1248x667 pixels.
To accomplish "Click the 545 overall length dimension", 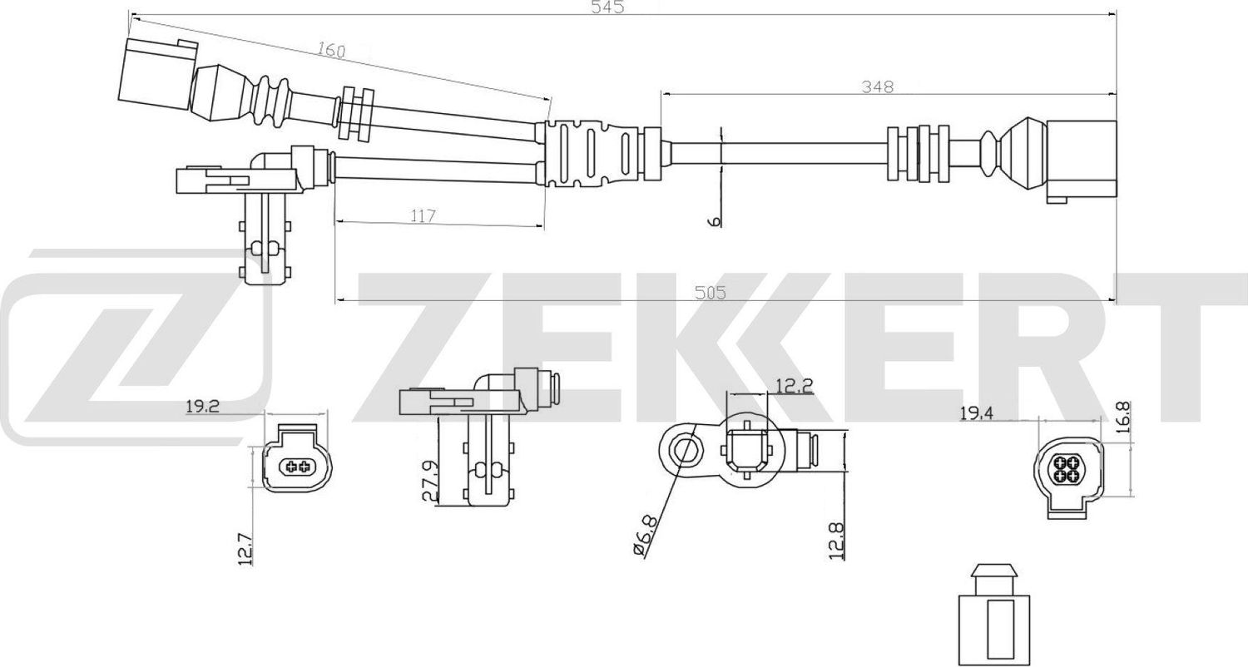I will [607, 7].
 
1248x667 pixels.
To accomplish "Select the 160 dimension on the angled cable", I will [331, 50].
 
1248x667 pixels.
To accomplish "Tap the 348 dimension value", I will [877, 86].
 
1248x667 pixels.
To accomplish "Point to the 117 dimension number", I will [423, 216].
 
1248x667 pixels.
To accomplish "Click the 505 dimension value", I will [710, 293].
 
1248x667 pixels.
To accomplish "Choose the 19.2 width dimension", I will [201, 408].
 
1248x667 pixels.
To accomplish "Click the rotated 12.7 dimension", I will [245, 549].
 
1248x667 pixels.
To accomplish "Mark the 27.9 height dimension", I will [429, 481].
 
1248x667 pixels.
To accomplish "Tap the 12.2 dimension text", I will [794, 385].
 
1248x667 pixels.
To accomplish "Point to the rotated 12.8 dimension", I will [838, 540].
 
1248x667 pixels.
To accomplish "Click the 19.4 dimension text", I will [977, 413].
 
